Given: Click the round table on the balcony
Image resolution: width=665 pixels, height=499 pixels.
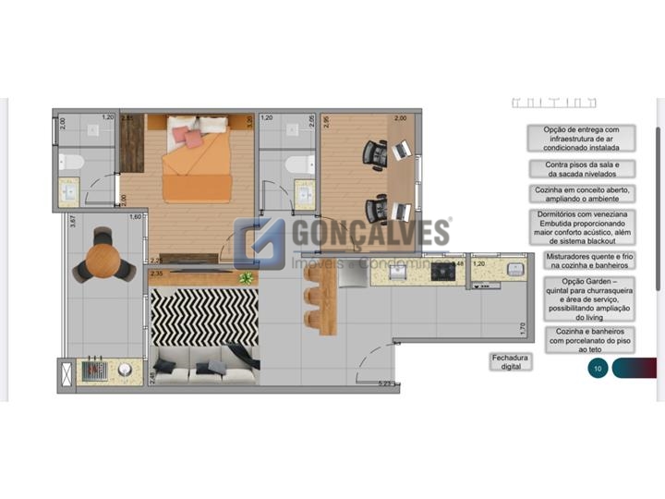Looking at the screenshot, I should click(98, 258).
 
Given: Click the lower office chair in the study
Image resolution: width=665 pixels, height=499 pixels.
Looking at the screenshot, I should click(375, 209).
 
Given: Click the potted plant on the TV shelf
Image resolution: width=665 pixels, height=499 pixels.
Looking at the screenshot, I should click(246, 277).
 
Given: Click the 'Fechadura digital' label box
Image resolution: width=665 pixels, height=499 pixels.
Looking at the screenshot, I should click(512, 361).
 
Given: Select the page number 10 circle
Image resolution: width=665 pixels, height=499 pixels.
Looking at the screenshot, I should click(598, 369).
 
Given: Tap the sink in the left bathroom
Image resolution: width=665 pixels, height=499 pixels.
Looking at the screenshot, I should click(69, 192).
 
